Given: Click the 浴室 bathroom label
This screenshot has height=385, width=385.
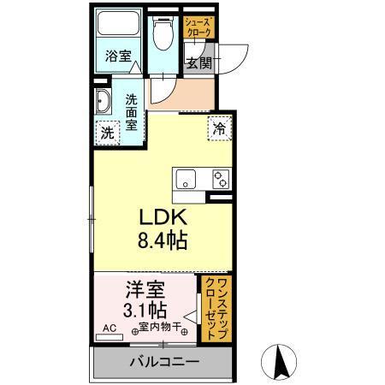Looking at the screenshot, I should coord(117,57).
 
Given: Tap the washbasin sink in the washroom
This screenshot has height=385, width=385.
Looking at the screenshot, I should coord(103,102).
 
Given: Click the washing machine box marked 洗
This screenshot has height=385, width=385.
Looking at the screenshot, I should coord(107,133).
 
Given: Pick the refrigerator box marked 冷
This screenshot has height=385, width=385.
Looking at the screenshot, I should coord(219,128).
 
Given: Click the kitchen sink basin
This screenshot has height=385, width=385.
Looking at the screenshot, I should coord(186,179).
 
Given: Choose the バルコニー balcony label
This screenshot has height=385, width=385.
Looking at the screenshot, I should coord(163,362).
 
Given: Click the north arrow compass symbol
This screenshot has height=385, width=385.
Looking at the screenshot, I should coord(279,361).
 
